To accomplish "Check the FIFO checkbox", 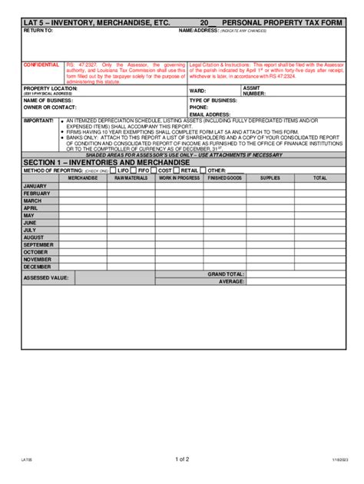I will point(134,170).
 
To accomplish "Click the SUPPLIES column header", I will point(270,178).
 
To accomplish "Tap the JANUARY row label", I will point(35,187).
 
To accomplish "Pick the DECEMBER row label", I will point(38,267).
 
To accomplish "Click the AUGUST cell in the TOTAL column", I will point(319,237).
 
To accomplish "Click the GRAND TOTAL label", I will point(226,274).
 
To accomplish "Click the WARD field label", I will point(197,91).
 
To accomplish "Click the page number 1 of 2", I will point(182,459).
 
